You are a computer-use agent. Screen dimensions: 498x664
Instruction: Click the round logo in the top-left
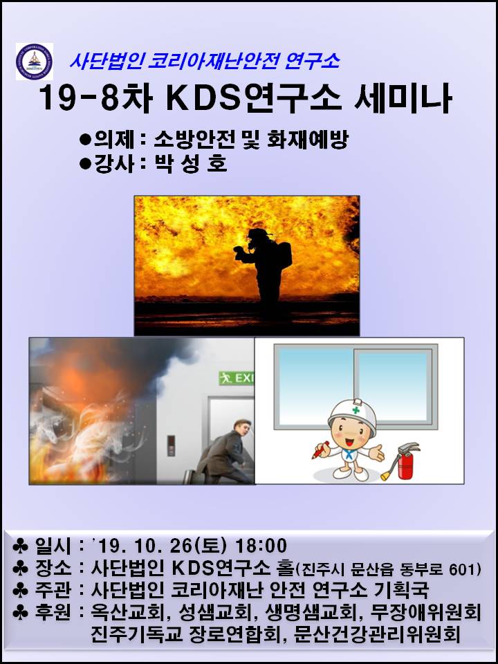click(x=35, y=62)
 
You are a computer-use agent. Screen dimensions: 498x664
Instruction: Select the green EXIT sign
click(x=236, y=378)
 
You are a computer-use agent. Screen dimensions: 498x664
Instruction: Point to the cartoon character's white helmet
click(x=352, y=417)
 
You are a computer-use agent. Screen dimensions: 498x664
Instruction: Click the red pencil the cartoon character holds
click(x=320, y=450)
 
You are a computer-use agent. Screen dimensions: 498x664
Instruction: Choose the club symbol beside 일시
click(x=20, y=546)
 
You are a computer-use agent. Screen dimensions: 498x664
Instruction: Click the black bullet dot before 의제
click(x=86, y=140)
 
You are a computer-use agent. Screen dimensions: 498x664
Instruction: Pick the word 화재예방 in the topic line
click(x=308, y=140)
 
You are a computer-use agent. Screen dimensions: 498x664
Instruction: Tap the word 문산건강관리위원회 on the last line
click(x=376, y=635)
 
